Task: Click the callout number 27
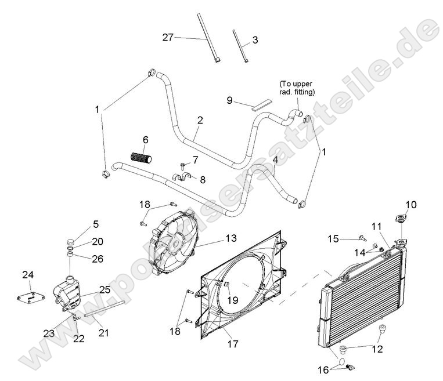168,37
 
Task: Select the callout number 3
254,40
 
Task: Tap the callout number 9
230,100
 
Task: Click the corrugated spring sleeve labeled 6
140,157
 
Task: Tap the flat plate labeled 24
31,297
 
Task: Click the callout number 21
103,332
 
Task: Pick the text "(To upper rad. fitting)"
297,88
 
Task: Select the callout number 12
377,349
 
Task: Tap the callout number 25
105,288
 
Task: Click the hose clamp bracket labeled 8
182,177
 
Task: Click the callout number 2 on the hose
200,121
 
